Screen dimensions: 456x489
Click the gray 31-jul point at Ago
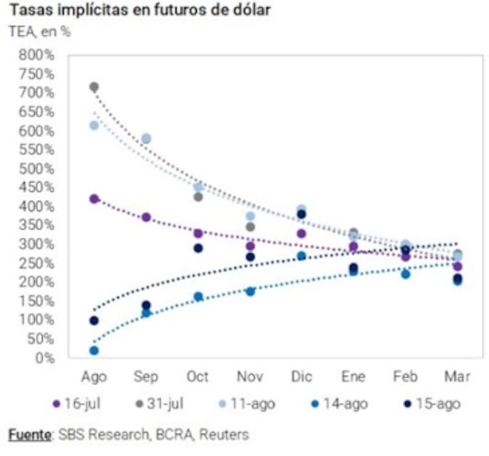pos(94,87)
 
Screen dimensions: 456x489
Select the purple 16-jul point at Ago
pos(94,199)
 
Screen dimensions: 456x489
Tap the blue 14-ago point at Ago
pos(94,350)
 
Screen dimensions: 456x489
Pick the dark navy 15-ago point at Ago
pos(94,320)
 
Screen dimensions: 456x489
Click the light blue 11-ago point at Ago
pos(94,125)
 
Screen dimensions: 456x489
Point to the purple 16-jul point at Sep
pos(146,217)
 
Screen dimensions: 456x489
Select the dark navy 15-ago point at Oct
pos(198,248)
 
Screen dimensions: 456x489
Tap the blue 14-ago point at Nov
pos(250,292)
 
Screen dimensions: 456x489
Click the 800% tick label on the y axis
pos(37,56)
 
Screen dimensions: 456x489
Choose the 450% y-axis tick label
pos(37,187)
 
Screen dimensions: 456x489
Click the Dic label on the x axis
pos(301,377)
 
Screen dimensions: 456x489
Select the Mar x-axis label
pos(457,377)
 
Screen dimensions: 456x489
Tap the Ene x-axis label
pos(353,377)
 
